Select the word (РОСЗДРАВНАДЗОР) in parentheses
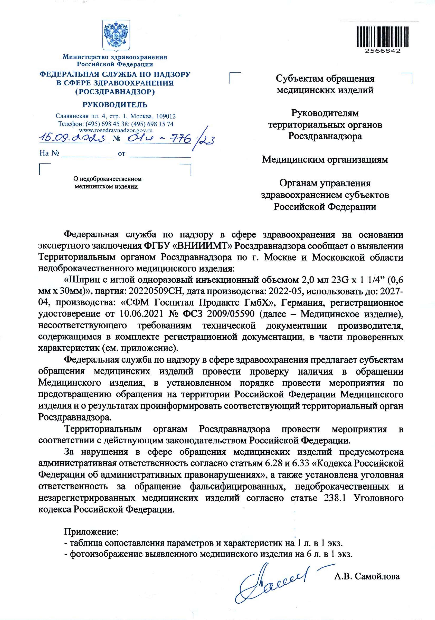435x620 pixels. point(115,92)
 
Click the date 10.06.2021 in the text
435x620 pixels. point(141,314)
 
